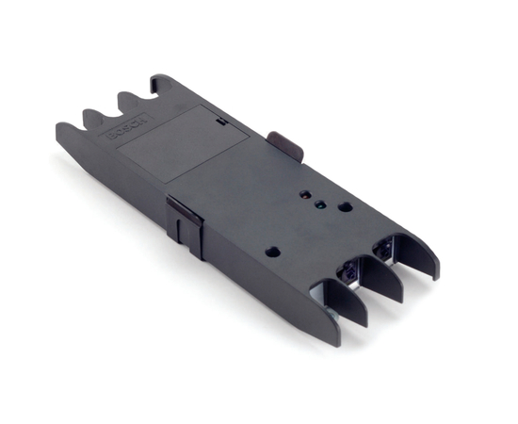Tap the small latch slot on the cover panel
219,121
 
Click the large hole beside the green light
345,205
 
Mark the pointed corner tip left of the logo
58,127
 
